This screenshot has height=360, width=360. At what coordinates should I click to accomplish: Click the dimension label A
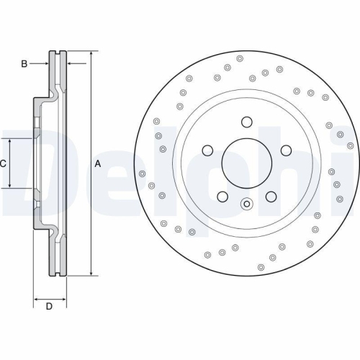[98, 164]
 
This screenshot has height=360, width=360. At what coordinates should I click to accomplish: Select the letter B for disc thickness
[24, 64]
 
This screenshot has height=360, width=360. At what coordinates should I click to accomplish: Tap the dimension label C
[3, 163]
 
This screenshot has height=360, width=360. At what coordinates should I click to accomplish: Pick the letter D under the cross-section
[49, 307]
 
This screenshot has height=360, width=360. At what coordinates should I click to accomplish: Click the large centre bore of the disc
[246, 162]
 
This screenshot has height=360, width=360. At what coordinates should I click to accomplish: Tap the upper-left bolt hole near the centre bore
[207, 150]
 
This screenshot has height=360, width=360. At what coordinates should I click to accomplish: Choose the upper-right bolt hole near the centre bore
[285, 150]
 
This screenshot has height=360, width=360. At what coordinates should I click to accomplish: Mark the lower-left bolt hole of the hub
[222, 196]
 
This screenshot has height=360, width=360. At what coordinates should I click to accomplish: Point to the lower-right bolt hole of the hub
[271, 196]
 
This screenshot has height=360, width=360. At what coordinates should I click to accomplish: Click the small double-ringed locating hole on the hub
[246, 203]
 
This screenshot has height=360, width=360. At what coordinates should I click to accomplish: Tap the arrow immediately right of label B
[45, 64]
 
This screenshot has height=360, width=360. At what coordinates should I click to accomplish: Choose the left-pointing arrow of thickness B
[70, 64]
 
